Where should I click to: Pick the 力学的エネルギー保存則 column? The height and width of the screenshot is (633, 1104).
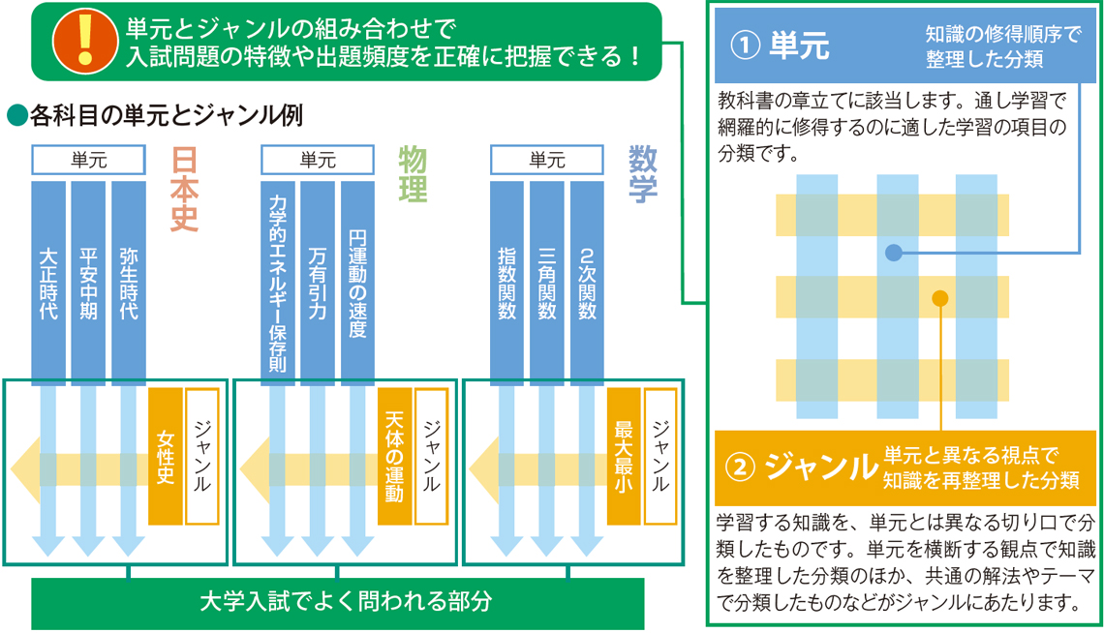click(278, 281)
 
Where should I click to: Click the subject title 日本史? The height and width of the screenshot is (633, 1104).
click(183, 190)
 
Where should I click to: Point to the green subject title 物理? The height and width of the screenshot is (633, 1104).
click(413, 174)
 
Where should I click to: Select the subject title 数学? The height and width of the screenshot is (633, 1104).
click(642, 174)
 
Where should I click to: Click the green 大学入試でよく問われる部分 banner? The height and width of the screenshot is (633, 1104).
click(338, 602)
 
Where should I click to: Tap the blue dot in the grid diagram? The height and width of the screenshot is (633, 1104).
click(893, 253)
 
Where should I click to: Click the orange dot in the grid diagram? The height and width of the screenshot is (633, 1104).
click(939, 298)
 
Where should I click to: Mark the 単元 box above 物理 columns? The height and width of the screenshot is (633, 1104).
click(318, 160)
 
